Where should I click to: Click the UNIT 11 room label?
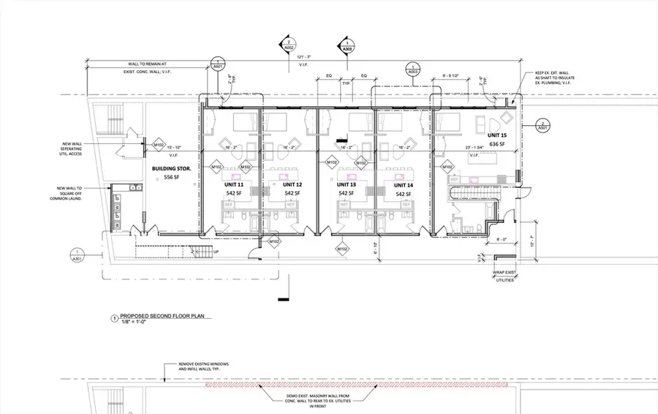pos(234,185)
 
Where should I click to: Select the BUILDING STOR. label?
pos(172,169)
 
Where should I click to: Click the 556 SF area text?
pos(172,178)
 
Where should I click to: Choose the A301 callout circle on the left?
pos(77,256)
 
